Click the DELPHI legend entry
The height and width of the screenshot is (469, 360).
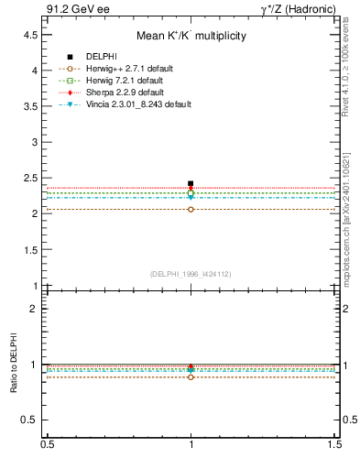101,57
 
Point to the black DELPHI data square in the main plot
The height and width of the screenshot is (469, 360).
191,183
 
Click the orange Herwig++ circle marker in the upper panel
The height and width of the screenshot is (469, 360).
191,209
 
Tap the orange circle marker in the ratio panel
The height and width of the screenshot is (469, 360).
191,376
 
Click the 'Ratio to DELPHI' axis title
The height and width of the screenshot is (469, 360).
14,365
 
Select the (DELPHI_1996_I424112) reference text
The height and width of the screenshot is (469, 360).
191,274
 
